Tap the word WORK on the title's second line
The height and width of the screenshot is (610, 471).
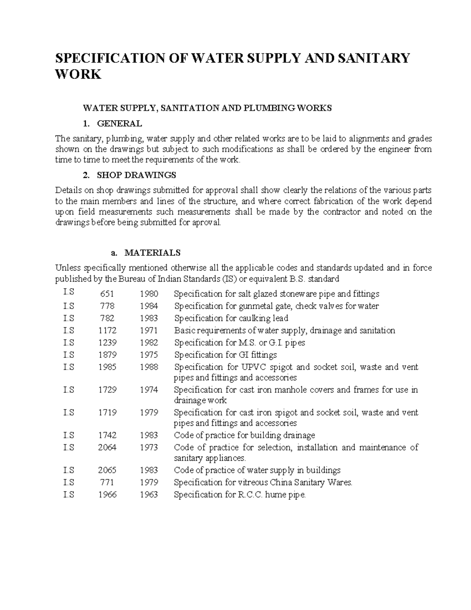click(x=78, y=74)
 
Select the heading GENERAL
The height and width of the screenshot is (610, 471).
click(x=119, y=123)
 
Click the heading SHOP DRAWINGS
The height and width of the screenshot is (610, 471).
click(x=136, y=175)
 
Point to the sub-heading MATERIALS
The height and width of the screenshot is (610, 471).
click(x=152, y=253)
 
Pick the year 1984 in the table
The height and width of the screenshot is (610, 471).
click(x=149, y=306)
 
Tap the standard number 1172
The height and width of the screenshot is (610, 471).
click(x=107, y=330)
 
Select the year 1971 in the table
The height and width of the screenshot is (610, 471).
click(x=149, y=330)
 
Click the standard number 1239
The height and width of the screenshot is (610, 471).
click(x=107, y=343)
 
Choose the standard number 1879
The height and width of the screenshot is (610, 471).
click(x=107, y=355)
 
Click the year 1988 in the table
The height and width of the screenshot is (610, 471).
click(x=149, y=367)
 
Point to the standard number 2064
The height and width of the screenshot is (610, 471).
click(x=107, y=447)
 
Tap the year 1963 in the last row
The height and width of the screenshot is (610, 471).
click(x=149, y=495)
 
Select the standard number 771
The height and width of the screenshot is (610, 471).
click(x=107, y=482)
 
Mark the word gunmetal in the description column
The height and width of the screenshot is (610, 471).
click(x=254, y=306)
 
